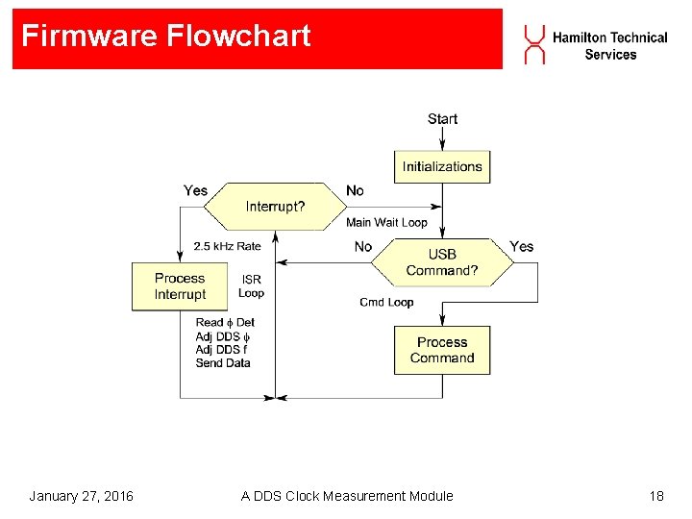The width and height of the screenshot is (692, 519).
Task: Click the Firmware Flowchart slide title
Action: pos(166,37)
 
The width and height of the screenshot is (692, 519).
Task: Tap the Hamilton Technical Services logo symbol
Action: pos(534,45)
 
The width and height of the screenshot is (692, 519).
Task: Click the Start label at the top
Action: pos(442,118)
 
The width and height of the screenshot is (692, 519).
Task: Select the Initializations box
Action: pos(442,166)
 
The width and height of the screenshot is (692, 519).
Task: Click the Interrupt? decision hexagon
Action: pos(277,206)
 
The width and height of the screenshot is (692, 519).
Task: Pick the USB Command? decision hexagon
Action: pos(441,262)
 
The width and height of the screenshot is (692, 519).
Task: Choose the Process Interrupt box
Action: pos(180,286)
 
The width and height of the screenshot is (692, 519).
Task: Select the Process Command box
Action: pos(442,350)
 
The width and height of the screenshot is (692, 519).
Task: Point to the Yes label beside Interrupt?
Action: pos(195,190)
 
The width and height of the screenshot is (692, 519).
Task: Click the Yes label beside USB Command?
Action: pos(521,247)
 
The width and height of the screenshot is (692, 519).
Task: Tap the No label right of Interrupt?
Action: pos(356,190)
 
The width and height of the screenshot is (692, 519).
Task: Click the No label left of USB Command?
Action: pos(363,247)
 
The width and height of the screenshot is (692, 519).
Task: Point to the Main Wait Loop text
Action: pos(386,223)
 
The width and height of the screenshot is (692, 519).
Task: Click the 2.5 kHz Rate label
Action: pos(227,246)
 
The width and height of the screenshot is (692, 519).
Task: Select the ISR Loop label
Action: pos(251,286)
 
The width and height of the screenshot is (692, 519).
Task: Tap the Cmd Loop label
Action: pos(386,302)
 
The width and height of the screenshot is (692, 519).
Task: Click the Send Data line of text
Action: pos(223,363)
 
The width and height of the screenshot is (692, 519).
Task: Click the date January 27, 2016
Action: pos(81,496)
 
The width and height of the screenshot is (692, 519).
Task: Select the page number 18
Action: pos(656,496)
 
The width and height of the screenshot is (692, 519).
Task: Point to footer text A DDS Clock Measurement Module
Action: pos(347,496)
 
